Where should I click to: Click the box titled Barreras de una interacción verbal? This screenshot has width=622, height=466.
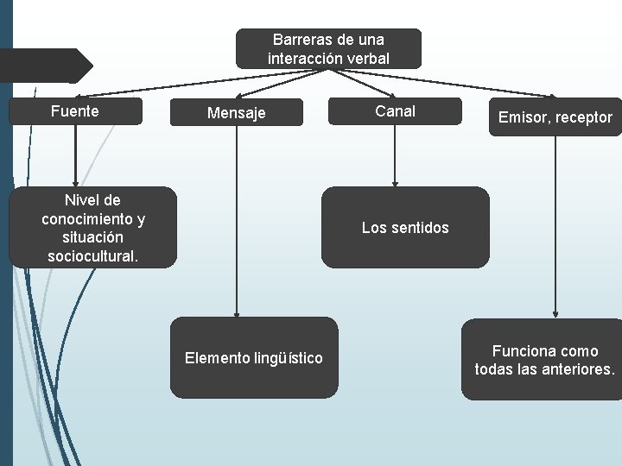tap(328, 49)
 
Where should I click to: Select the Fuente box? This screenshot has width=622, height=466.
tap(75, 111)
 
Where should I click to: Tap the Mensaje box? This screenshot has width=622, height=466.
tap(237, 113)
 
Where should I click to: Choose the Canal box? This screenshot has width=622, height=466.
tap(395, 111)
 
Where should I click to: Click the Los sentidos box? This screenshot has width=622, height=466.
tap(405, 228)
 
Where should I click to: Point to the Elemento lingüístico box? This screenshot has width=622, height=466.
tap(254, 357)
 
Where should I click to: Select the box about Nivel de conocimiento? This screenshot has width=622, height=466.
tap(93, 228)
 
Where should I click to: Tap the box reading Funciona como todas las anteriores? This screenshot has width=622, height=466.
tap(544, 360)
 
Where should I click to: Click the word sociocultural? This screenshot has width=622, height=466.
tap(93, 256)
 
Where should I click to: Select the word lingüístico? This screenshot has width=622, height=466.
tap(289, 357)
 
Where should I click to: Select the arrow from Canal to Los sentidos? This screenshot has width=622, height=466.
tap(395, 155)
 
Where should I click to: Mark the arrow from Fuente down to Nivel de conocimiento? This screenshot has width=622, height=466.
tap(76, 155)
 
